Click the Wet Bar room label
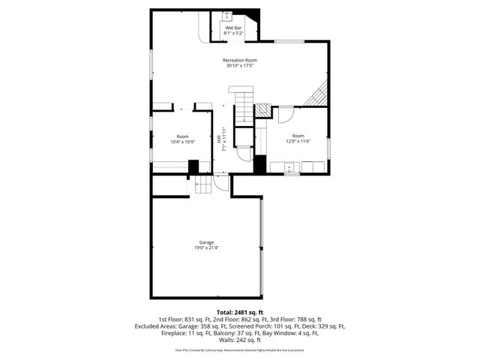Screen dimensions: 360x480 233,28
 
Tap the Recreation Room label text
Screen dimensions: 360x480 239,60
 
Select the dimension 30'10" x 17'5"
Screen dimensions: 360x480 239,66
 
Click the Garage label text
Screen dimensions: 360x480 206,242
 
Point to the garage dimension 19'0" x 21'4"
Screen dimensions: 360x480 206,248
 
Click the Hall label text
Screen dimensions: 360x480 219,139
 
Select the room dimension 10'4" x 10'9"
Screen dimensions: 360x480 182,142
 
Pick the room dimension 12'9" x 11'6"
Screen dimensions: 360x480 298,142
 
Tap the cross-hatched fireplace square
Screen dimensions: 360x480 262,110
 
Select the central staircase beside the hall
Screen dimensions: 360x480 241,105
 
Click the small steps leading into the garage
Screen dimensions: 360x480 205,184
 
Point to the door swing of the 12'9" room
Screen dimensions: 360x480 285,116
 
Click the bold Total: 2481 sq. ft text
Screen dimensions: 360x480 239,311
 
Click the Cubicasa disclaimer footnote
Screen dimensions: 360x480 240,350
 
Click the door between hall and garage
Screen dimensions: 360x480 222,182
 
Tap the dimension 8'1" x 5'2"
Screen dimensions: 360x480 233,34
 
